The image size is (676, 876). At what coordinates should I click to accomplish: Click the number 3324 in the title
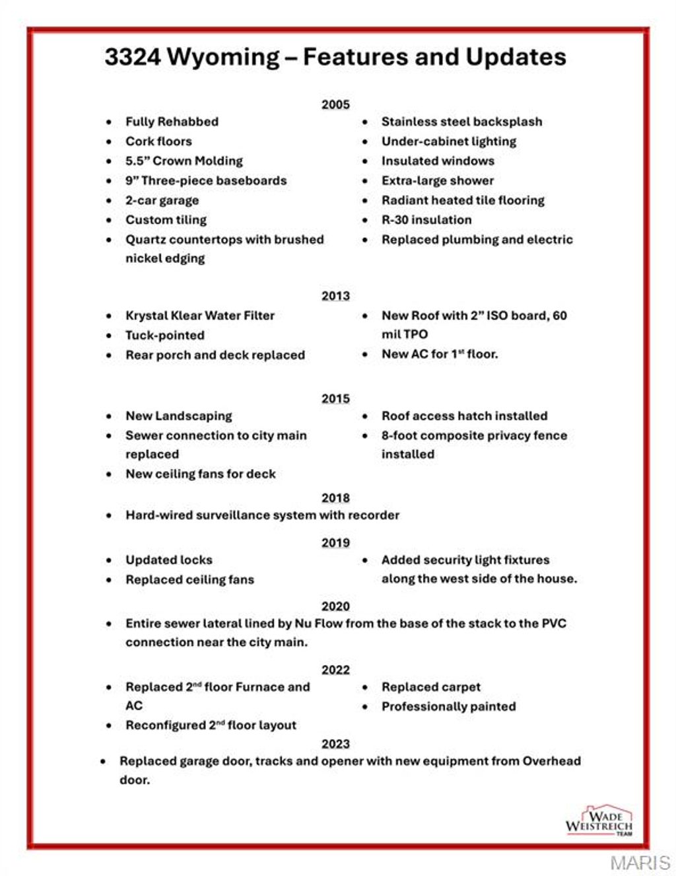pyautogui.click(x=132, y=57)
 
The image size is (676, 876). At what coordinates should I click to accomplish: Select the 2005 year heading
pyautogui.click(x=335, y=104)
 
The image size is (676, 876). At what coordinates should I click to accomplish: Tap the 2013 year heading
pyautogui.click(x=335, y=296)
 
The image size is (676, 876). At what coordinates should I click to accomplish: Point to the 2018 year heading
pyautogui.click(x=335, y=498)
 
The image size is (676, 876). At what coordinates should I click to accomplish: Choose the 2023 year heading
pyautogui.click(x=335, y=744)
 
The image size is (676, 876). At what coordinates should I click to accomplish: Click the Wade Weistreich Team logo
pyautogui.click(x=599, y=821)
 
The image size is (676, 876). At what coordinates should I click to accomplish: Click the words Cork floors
pyautogui.click(x=158, y=141)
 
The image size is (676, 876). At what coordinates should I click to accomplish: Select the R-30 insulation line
pyautogui.click(x=426, y=220)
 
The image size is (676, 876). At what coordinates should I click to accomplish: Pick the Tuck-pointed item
pyautogui.click(x=165, y=336)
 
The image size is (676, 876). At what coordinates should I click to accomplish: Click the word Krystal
pyautogui.click(x=146, y=316)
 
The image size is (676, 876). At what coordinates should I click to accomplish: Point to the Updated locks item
pyautogui.click(x=169, y=560)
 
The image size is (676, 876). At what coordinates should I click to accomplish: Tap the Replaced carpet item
pyautogui.click(x=430, y=687)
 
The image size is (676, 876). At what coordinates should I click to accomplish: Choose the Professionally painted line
pyautogui.click(x=448, y=707)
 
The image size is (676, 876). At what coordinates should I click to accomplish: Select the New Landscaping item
pyautogui.click(x=179, y=416)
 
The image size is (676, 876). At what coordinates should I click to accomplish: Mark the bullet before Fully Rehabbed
pyautogui.click(x=109, y=122)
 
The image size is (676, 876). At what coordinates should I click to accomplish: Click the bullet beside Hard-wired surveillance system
pyautogui.click(x=109, y=516)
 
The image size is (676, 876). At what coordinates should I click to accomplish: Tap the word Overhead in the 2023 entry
pyautogui.click(x=551, y=761)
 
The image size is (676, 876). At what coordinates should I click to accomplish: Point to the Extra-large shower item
pyautogui.click(x=437, y=181)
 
